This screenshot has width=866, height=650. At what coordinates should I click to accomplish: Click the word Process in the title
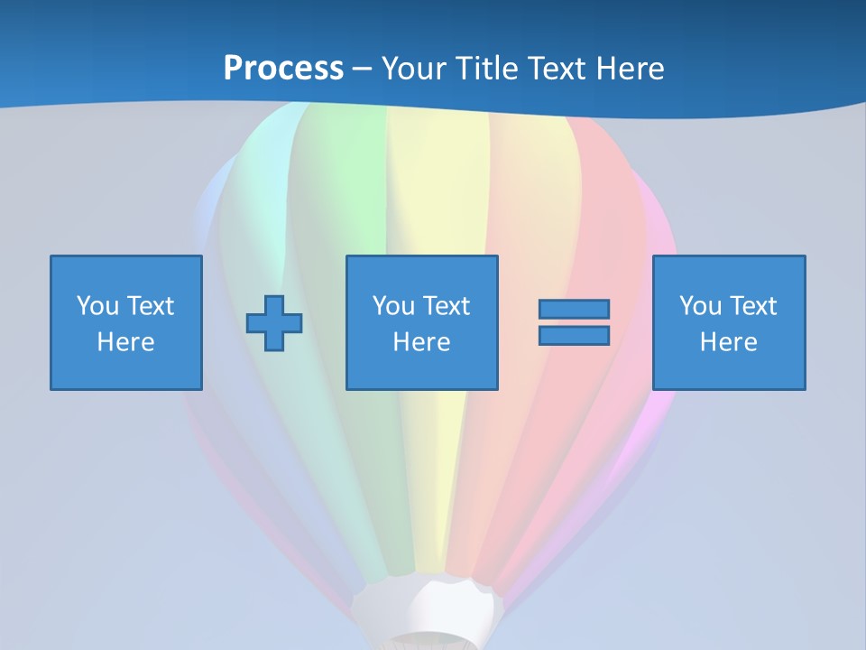283,69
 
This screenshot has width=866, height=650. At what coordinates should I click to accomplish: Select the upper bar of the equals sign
574,310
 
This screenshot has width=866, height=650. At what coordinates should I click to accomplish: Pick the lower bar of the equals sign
574,336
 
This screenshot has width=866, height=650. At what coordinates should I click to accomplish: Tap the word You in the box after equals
700,306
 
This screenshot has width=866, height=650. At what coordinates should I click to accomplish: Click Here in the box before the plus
125,342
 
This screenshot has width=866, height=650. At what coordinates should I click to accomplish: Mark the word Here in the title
631,69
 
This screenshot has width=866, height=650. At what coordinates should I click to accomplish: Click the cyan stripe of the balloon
262,181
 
